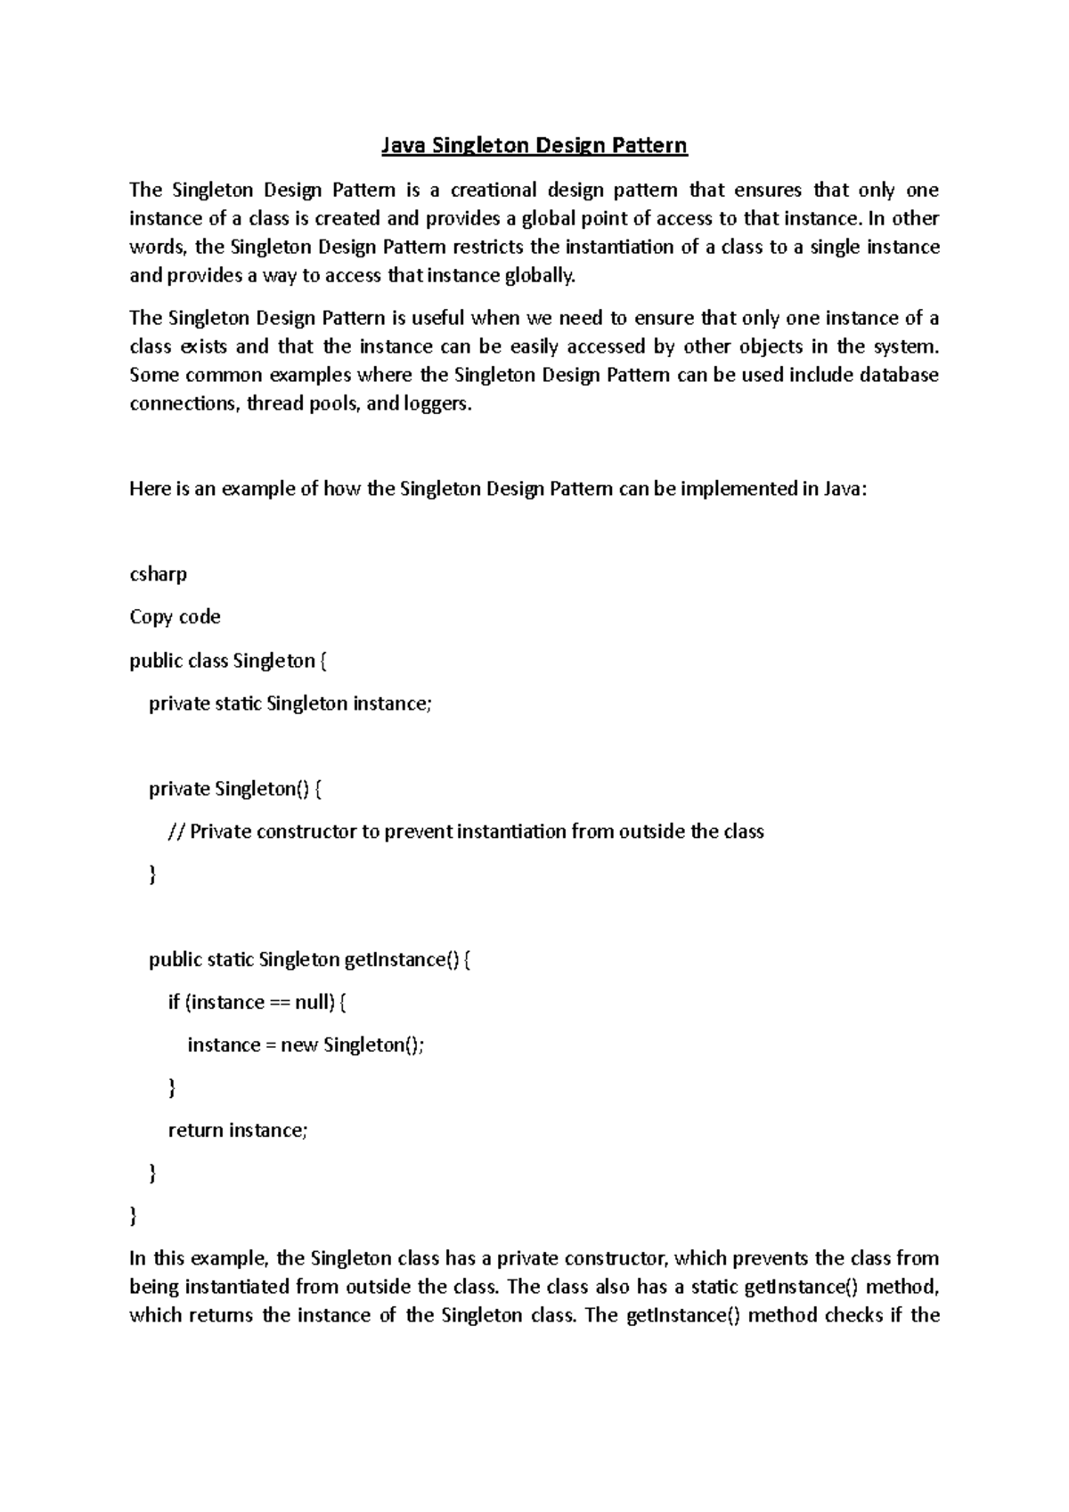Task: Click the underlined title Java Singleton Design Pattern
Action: [534, 145]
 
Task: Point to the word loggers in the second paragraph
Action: [436, 403]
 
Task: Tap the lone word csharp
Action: [159, 574]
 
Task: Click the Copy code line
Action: [175, 617]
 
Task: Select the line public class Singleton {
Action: [228, 661]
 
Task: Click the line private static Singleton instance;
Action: [290, 703]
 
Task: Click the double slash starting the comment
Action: [175, 832]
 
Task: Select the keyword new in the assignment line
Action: [299, 1045]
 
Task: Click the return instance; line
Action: [238, 1131]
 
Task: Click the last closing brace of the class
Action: [134, 1215]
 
